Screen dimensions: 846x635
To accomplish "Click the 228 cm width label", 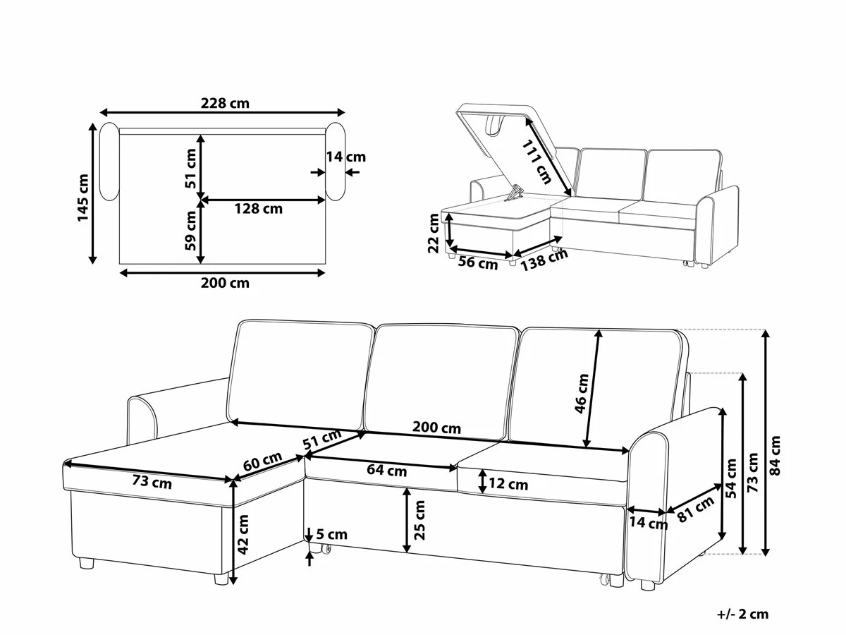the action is [225, 103].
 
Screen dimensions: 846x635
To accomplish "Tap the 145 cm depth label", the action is [83, 198].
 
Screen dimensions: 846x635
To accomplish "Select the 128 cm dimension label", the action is [259, 209].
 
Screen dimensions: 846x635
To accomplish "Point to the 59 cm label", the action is [190, 231].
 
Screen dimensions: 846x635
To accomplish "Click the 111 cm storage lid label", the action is [537, 162].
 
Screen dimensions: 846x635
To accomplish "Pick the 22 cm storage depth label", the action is [434, 233].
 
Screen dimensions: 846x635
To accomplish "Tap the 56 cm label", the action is [478, 263].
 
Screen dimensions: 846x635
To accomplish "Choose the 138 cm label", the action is [544, 260].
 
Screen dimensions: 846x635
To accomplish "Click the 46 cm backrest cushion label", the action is [582, 393].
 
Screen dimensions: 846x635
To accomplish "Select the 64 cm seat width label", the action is [386, 471].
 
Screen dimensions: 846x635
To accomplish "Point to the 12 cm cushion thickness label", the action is [508, 484].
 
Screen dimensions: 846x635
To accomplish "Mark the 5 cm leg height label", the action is [332, 534].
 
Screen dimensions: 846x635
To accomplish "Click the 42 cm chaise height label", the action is [243, 535].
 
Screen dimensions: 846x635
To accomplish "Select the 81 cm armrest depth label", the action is [696, 509].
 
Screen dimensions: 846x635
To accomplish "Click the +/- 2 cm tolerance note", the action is [742, 614].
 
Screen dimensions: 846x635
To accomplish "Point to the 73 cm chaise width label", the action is [152, 482].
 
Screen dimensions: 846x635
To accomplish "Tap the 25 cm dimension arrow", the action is [406, 520].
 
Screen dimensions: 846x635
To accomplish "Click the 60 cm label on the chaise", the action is [262, 461].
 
